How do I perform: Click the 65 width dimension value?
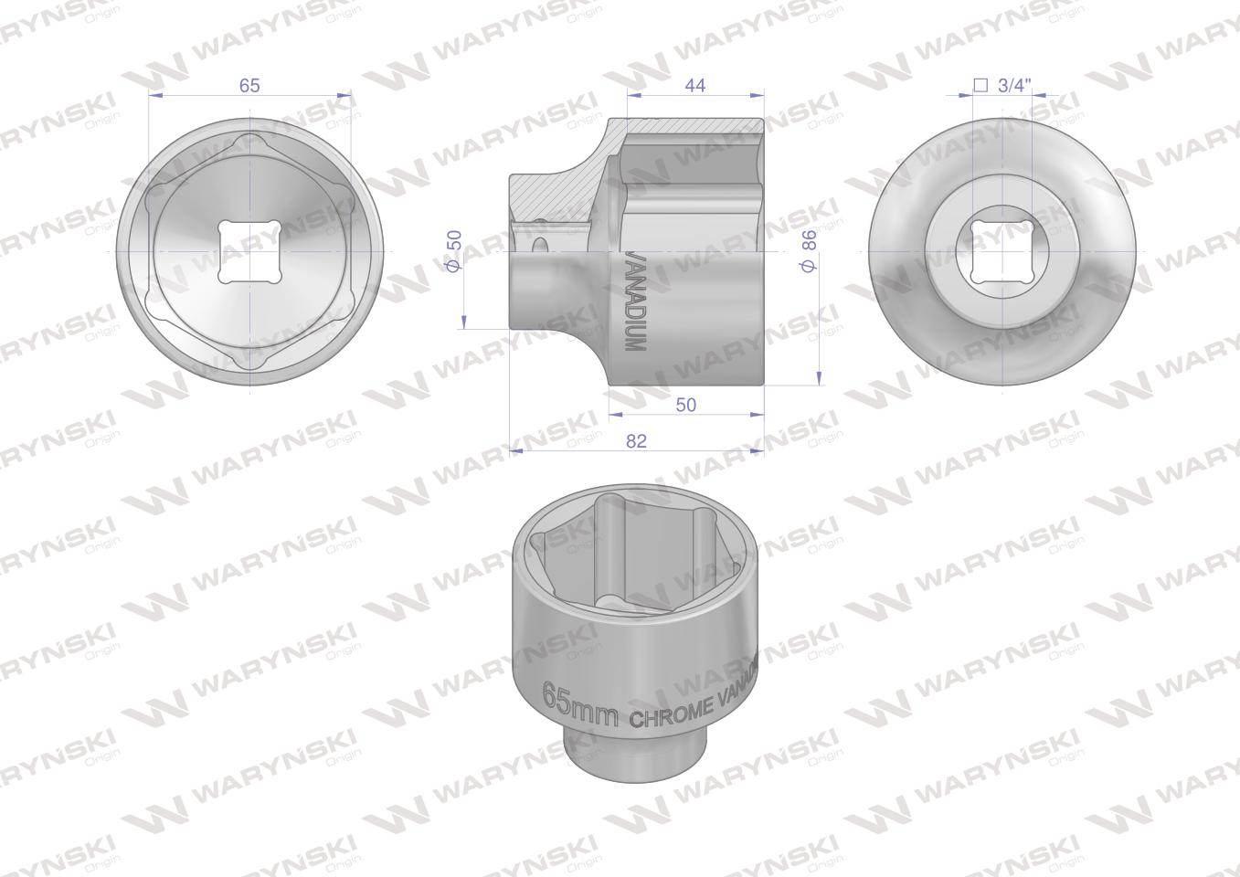(249, 85)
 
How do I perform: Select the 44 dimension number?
(695, 85)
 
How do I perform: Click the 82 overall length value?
(636, 440)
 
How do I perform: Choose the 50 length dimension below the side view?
(685, 405)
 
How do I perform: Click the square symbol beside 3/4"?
(980, 86)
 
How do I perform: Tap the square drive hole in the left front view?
(249, 252)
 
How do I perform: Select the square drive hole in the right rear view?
(1002, 251)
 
